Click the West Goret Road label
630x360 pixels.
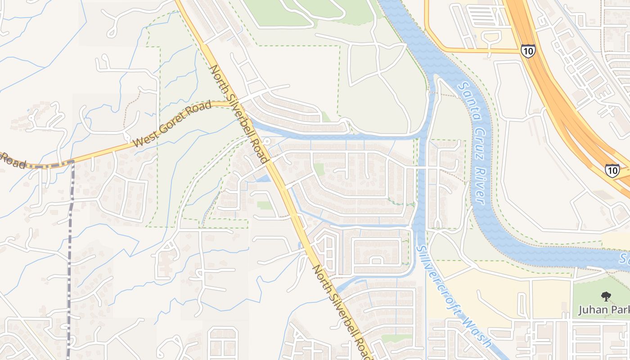pyautogui.click(x=172, y=124)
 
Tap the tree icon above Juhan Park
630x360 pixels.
pyautogui.click(x=606, y=297)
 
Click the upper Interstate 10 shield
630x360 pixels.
pyautogui.click(x=528, y=51)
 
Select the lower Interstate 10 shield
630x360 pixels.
pyautogui.click(x=612, y=170)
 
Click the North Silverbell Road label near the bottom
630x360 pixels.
pyautogui.click(x=343, y=312)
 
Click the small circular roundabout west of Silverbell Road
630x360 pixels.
pyautogui.click(x=266, y=141)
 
